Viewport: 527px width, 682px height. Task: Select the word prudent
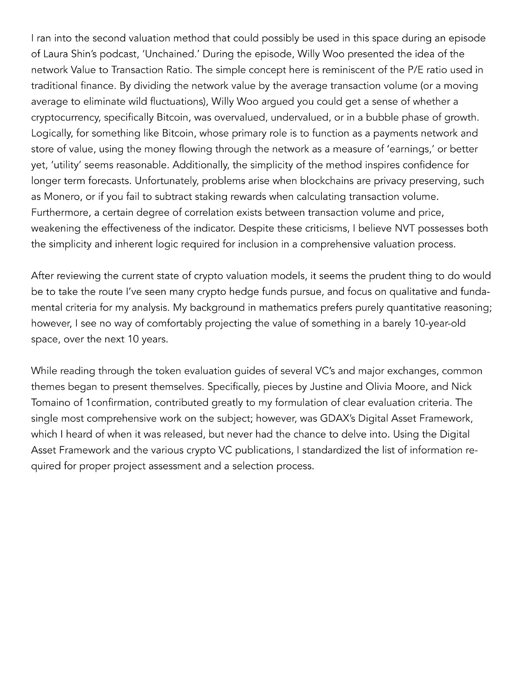point(387,276)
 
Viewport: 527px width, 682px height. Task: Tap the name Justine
point(324,386)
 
